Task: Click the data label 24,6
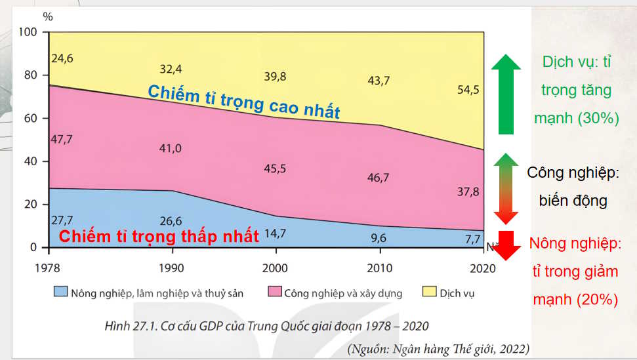click(62, 58)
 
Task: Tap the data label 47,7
click(62, 140)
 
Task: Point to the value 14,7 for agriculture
click(274, 233)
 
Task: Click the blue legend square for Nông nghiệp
click(60, 292)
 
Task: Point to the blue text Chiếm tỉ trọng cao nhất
click(243, 102)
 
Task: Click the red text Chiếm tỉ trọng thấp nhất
click(159, 236)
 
